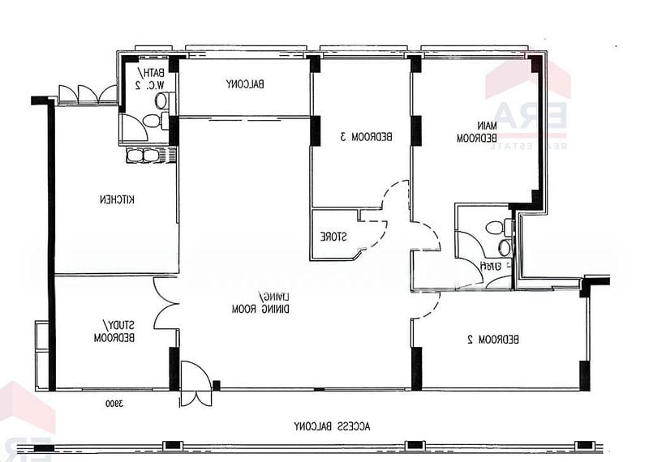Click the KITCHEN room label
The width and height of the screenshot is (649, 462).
(x=117, y=199)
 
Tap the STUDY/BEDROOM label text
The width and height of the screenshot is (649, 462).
(x=114, y=331)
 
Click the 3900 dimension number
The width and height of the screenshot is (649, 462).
(x=113, y=403)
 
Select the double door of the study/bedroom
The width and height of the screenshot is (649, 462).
(x=165, y=304)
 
